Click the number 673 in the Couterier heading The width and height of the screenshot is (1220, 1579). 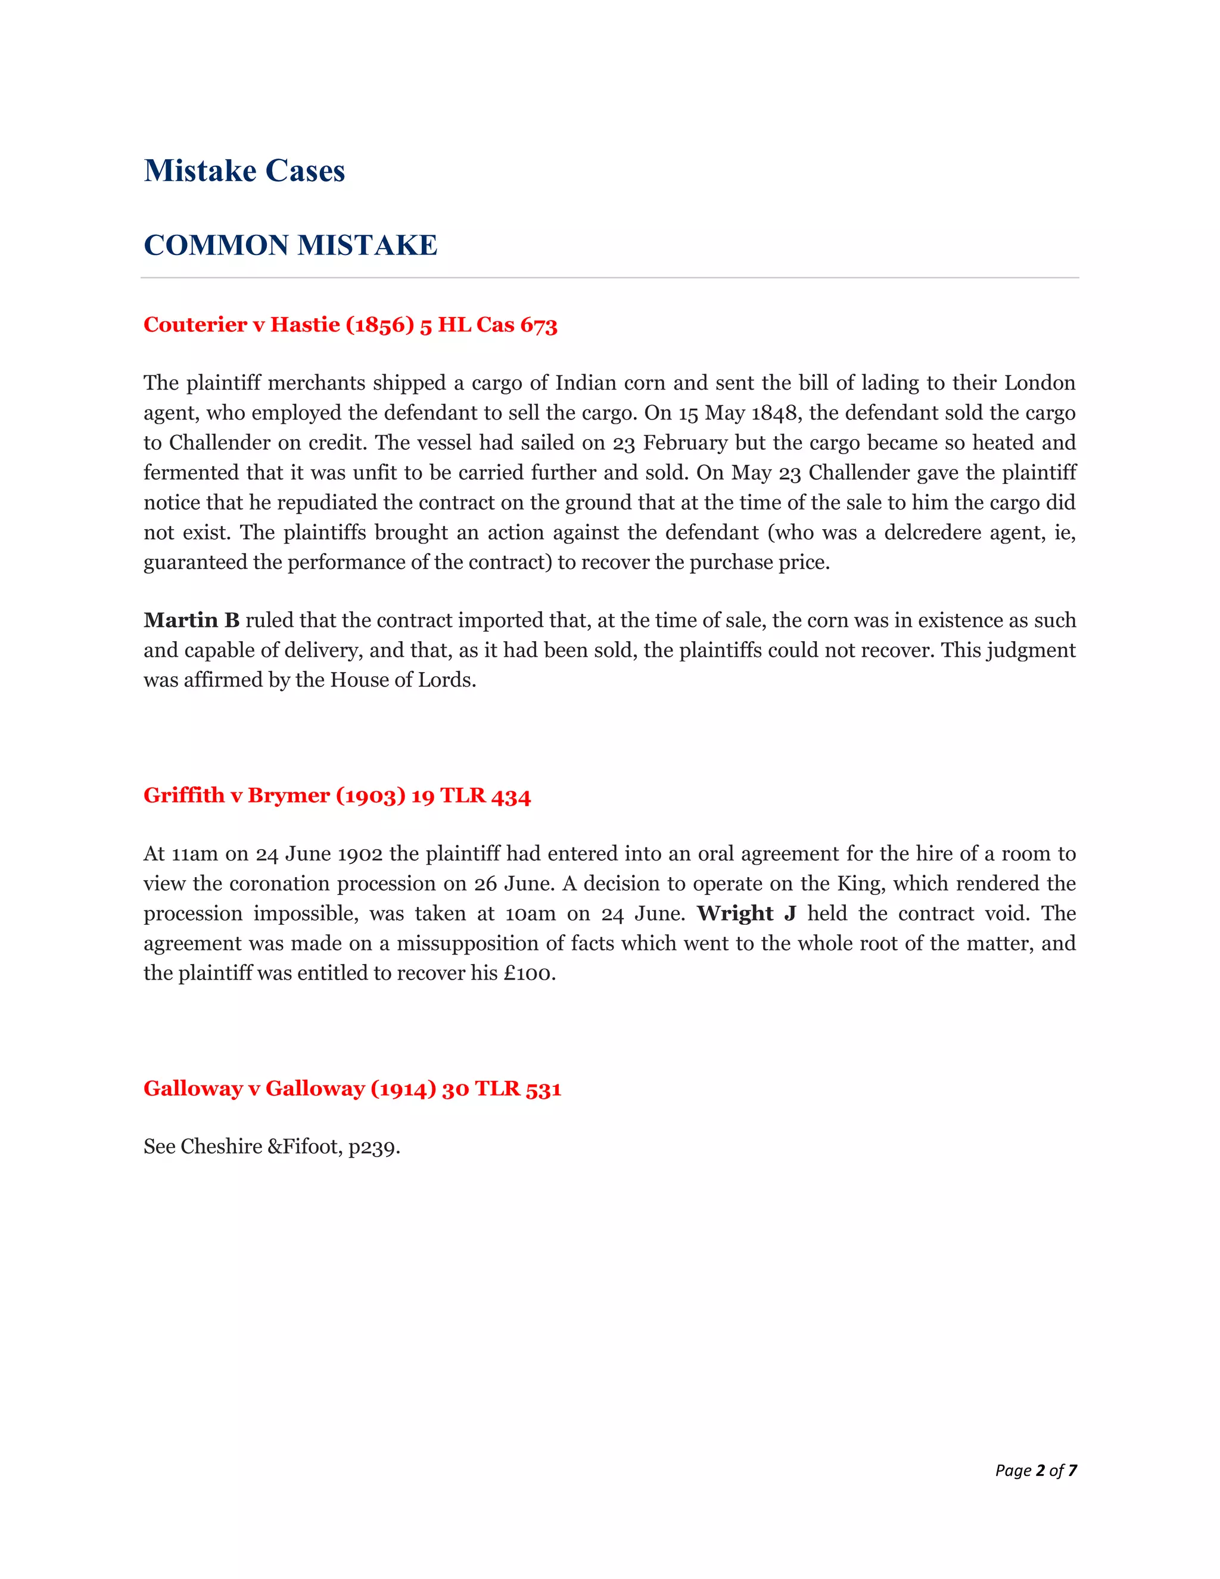(539, 325)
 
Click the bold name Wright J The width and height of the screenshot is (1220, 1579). (746, 914)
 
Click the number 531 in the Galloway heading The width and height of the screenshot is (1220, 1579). (543, 1089)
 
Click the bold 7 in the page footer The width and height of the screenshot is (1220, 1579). (1072, 1471)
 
